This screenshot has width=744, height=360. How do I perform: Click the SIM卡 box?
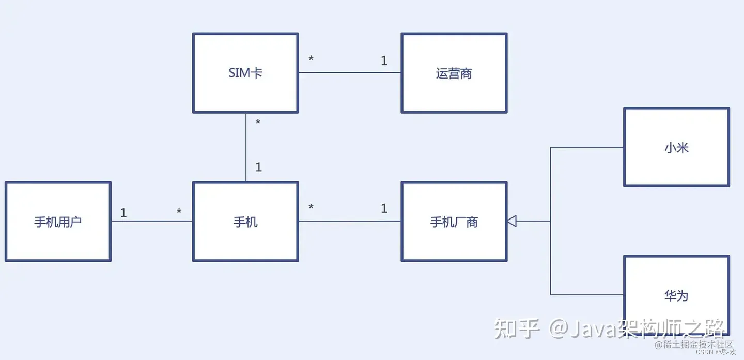245,73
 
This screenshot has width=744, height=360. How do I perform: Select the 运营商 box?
454,73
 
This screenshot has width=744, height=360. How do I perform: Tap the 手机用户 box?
58,222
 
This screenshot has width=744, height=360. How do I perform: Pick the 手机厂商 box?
454,222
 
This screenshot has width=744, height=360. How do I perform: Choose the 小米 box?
676,147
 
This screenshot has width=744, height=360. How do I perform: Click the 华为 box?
676,295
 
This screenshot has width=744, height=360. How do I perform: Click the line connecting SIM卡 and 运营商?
350,72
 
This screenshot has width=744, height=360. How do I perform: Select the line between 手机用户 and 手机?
152,221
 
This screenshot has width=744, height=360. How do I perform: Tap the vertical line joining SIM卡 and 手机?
246,147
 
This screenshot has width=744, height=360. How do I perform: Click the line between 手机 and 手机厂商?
350,221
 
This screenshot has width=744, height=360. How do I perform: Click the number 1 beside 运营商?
384,61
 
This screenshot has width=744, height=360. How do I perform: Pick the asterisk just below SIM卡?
258,123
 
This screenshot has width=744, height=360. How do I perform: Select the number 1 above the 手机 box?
258,167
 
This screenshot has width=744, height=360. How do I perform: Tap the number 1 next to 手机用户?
123,213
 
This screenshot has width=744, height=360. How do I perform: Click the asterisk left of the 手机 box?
179,212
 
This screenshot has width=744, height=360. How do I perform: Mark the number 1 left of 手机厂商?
384,209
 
